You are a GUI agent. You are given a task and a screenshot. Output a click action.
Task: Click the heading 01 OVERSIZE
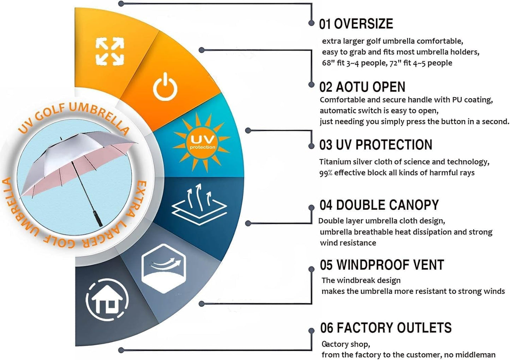(x=356, y=24)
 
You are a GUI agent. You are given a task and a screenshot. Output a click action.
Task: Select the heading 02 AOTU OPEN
(x=362, y=87)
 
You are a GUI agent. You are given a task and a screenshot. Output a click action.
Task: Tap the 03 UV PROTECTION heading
(x=376, y=145)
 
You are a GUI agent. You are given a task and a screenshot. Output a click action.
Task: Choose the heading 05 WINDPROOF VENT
(x=382, y=264)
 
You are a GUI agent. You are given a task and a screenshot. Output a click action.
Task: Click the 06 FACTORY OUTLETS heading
(x=386, y=328)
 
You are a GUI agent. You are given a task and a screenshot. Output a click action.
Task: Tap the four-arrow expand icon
(x=110, y=51)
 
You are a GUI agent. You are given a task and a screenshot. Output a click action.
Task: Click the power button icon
(x=165, y=87)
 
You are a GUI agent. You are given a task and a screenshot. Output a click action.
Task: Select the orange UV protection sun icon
(x=202, y=142)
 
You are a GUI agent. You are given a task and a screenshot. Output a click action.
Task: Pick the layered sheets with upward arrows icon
(x=199, y=204)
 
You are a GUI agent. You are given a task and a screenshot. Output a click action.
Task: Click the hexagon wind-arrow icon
(x=164, y=268)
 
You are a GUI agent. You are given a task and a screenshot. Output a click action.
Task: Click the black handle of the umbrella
(x=98, y=219)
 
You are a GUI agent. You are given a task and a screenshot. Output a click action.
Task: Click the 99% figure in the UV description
(x=326, y=173)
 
